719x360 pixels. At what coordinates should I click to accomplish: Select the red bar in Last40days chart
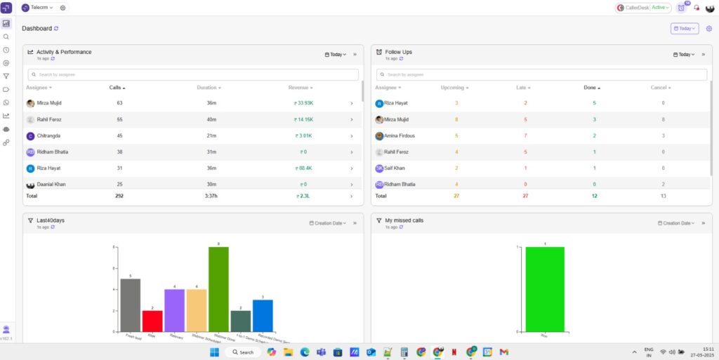click(x=152, y=321)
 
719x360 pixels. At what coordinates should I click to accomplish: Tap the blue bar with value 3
click(x=263, y=315)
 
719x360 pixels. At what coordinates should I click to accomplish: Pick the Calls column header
click(x=117, y=88)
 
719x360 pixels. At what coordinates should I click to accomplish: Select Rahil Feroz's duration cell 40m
click(x=211, y=119)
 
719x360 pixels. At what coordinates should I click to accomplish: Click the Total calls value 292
click(x=119, y=196)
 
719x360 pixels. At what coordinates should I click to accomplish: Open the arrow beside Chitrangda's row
click(x=351, y=135)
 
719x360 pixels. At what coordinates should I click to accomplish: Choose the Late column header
click(x=523, y=88)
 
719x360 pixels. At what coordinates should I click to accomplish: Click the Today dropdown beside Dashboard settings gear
click(x=684, y=29)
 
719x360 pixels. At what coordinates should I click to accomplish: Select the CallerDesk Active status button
click(x=643, y=8)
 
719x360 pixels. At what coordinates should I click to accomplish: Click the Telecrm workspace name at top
click(x=38, y=8)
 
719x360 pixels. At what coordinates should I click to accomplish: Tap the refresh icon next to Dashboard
click(x=57, y=29)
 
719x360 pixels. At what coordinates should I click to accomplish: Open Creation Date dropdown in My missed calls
click(x=678, y=223)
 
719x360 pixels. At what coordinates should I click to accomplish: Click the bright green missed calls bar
click(x=545, y=288)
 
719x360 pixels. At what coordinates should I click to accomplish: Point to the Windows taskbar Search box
click(x=243, y=352)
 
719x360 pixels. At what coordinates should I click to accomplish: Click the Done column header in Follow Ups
click(x=591, y=88)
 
